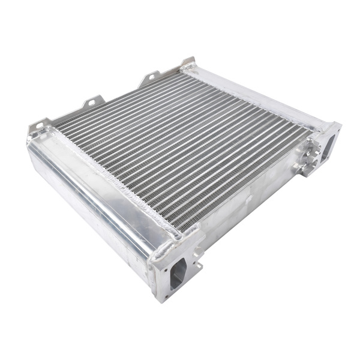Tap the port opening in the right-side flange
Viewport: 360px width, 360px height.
pyautogui.click(x=329, y=146)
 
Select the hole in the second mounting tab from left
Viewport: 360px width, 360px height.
pyautogui.click(x=92, y=103)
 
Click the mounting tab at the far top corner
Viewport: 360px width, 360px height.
pyautogui.click(x=188, y=63)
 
